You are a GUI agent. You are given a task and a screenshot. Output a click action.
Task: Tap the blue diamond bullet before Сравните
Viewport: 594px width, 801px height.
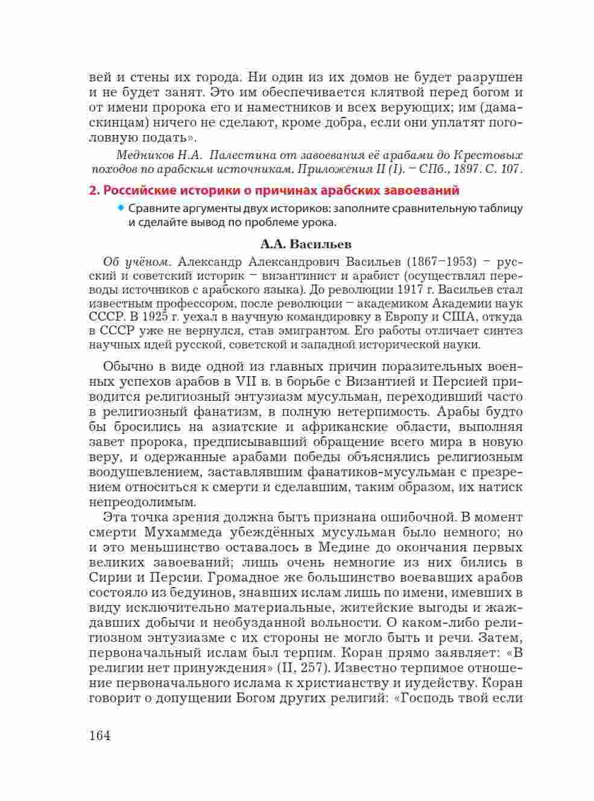(121, 208)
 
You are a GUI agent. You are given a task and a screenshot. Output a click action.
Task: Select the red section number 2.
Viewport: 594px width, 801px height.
(93, 190)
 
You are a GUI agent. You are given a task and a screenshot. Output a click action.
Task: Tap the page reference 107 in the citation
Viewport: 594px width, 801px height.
(510, 168)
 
